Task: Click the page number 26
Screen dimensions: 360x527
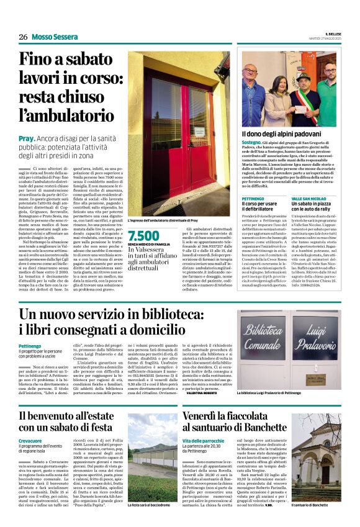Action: (24, 37)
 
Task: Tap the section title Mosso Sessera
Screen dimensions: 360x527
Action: (55, 37)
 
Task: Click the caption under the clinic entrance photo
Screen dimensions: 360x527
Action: (163, 220)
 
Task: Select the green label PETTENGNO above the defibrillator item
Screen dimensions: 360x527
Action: (253, 198)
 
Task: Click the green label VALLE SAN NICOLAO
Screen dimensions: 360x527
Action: (309, 198)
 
